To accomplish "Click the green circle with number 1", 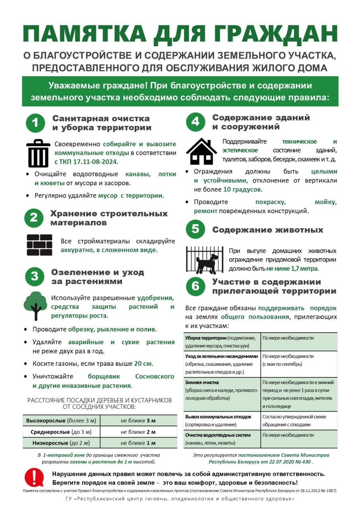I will pyautogui.click(x=35, y=123).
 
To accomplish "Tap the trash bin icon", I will pyautogui.click(x=38, y=153).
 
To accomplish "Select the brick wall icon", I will pyautogui.click(x=39, y=245).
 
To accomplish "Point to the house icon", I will pyautogui.click(x=202, y=151).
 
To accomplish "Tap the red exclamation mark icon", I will pyautogui.click(x=34, y=477).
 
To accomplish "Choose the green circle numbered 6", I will pyautogui.click(x=195, y=286).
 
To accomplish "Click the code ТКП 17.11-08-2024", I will pyautogui.click(x=88, y=162).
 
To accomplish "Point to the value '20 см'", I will pyautogui.click(x=143, y=364).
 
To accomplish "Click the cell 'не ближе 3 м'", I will pyautogui.click(x=138, y=420).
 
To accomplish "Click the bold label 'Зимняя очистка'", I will pyautogui.click(x=202, y=382).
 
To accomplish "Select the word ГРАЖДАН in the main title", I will pyautogui.click(x=275, y=34).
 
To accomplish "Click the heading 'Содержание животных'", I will pyautogui.click(x=268, y=230).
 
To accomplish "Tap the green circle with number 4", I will pyautogui.click(x=195, y=122).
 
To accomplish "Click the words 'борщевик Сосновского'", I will pyautogui.click(x=131, y=376).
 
